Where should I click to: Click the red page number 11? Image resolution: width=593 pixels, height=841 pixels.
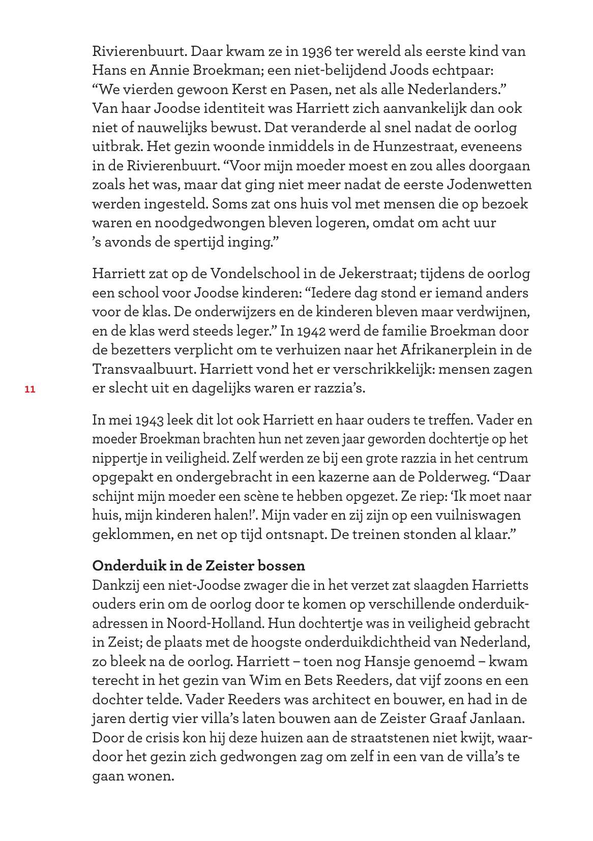point(29,389)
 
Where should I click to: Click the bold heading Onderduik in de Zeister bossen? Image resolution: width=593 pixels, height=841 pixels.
point(199,566)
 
